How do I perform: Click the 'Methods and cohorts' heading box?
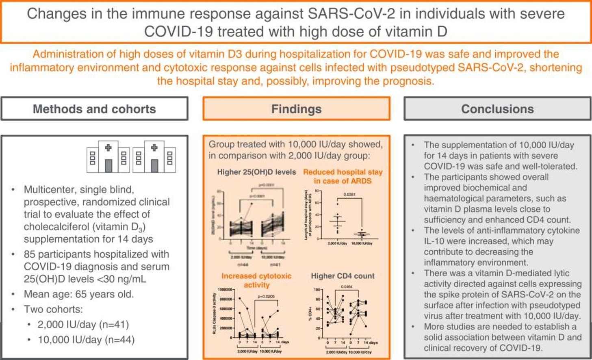(94, 109)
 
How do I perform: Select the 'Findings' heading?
(296, 109)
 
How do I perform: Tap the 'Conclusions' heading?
(497, 109)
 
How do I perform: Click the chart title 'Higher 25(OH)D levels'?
(256, 172)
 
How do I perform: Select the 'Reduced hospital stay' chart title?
(343, 172)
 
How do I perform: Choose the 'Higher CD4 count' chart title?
(343, 276)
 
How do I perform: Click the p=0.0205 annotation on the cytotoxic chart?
(266, 296)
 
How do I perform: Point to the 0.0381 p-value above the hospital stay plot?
(349, 195)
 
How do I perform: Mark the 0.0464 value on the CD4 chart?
(347, 286)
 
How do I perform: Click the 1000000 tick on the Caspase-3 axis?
(225, 290)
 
